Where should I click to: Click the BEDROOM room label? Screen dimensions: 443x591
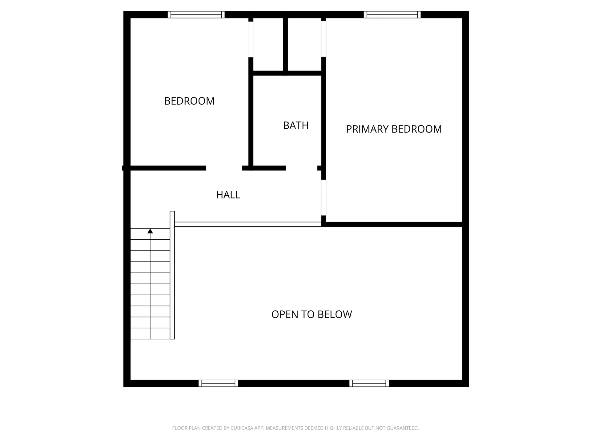189,101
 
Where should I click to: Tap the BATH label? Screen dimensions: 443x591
296,126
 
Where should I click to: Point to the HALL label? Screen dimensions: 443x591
228,195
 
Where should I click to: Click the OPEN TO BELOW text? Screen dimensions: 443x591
312,314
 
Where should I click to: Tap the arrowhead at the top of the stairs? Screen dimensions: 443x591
150,231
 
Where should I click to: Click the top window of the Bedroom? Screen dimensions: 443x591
196,15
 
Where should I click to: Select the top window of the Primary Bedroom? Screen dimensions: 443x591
392,15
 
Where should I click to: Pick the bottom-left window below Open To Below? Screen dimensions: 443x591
218,383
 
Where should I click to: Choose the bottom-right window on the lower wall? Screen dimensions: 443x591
369,383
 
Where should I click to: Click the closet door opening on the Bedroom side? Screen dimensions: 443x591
251,39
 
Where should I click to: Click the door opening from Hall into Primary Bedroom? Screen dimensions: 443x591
324,198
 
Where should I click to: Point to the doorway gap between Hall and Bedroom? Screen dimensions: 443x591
224,168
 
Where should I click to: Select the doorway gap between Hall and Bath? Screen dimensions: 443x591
302,168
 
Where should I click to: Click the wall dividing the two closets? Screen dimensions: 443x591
285,45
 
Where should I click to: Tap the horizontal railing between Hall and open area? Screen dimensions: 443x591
248,224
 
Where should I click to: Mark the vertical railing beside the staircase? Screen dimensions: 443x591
172,275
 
